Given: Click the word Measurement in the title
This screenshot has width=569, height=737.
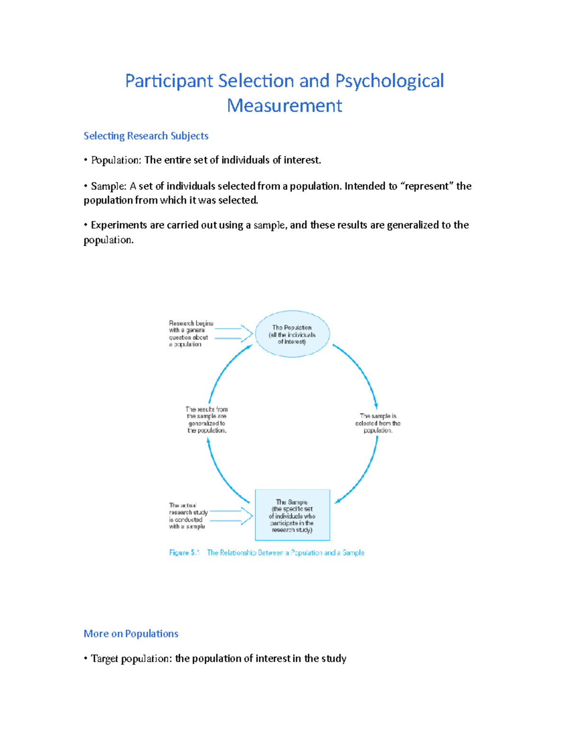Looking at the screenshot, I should coord(284,105).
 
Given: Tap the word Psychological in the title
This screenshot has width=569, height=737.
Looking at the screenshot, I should coord(389,81).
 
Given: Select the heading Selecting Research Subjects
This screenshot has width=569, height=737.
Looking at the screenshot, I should coord(146,136).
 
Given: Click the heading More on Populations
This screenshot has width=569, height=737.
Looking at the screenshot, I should coord(131,634).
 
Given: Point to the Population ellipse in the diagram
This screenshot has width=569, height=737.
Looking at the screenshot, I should coord(292,334).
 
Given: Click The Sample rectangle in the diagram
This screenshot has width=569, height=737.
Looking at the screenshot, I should coord(292,515).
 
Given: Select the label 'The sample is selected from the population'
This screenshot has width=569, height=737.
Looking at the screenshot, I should coord(378,423).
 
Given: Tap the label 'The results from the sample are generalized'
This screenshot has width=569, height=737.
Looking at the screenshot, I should coord(207,420).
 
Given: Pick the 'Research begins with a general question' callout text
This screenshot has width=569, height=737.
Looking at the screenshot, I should coord(191,334).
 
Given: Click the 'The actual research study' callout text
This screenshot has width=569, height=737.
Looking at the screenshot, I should coord(188,516).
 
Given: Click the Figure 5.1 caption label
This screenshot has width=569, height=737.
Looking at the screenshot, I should coord(184,553).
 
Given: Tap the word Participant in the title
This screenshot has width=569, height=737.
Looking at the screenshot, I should coord(169,81).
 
